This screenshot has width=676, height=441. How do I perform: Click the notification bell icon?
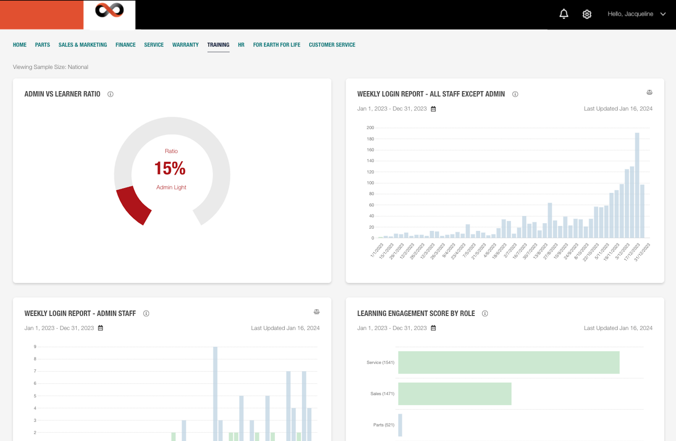click(x=564, y=14)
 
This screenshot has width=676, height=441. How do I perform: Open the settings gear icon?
click(x=587, y=14)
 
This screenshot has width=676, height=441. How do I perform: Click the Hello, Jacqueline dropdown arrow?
click(x=663, y=14)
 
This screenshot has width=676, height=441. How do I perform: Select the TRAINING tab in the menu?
click(x=218, y=45)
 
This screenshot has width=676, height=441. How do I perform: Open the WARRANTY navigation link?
click(x=185, y=45)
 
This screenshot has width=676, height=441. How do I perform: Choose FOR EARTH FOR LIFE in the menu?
click(x=276, y=45)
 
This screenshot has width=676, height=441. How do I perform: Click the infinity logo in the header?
click(x=109, y=11)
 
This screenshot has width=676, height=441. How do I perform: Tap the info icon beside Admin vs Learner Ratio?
click(x=110, y=94)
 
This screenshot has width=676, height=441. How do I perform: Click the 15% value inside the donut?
click(x=170, y=168)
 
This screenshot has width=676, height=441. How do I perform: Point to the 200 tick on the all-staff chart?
click(x=370, y=128)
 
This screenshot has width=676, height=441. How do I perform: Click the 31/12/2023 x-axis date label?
click(x=643, y=252)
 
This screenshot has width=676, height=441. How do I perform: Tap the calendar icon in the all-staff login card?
click(x=433, y=109)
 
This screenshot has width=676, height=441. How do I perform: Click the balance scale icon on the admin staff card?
click(x=316, y=312)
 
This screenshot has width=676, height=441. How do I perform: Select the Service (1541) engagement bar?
click(x=509, y=362)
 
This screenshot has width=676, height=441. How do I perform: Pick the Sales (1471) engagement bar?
click(x=454, y=394)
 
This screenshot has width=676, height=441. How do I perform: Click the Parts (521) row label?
click(x=384, y=425)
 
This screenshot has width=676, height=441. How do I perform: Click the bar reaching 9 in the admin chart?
click(x=215, y=392)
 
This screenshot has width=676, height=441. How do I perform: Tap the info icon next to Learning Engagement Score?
click(x=485, y=314)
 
